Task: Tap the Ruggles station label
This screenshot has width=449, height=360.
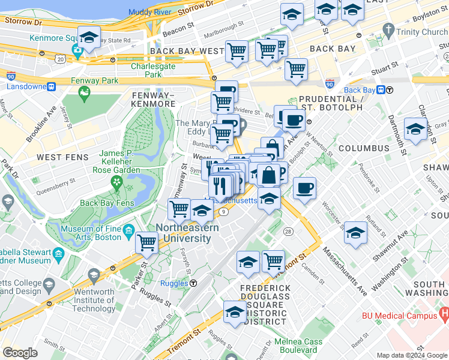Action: pos(174,283)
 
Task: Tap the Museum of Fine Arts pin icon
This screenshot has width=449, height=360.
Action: pos(128,230)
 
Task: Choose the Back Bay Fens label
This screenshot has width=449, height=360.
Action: pos(106,203)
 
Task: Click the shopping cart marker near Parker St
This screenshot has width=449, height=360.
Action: pos(146,242)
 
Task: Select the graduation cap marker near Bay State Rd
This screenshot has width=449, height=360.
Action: pos(89,37)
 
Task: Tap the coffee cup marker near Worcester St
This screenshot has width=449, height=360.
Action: pos(304,188)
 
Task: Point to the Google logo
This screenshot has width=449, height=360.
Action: pos(20,352)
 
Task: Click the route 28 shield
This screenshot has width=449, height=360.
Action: pos(288,232)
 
